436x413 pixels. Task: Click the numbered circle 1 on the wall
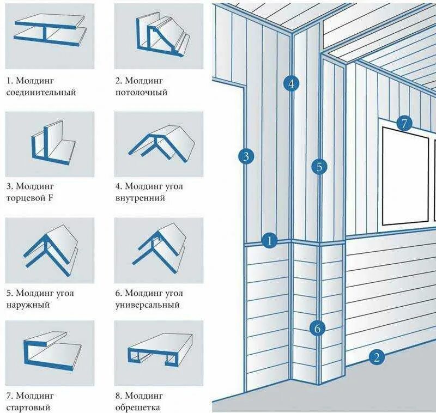click(269, 240)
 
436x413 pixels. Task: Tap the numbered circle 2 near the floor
click(376, 357)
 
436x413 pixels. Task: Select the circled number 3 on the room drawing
click(246, 157)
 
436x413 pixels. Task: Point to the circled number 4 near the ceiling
click(292, 83)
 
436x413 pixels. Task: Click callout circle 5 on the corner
click(319, 167)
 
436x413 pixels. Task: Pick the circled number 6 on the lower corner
click(318, 328)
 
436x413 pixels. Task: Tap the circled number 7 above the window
click(404, 123)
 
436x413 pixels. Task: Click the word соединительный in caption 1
click(41, 92)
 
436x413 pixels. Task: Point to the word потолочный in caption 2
click(141, 92)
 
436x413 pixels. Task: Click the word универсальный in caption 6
click(148, 305)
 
